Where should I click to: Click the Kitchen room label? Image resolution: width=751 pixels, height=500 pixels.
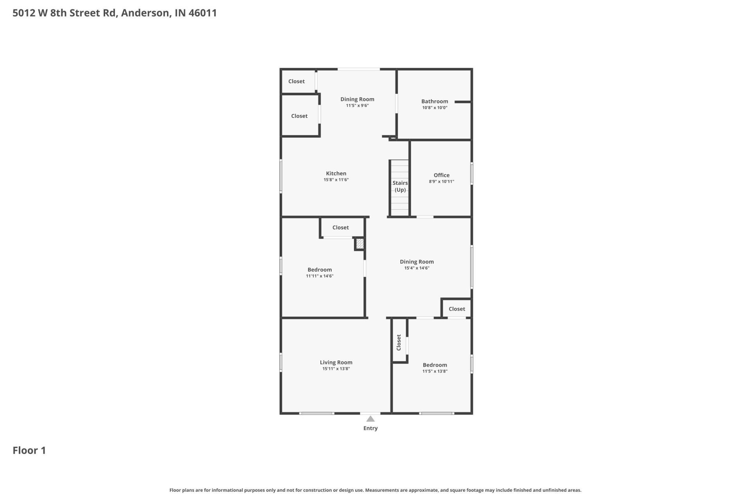pyautogui.click(x=336, y=173)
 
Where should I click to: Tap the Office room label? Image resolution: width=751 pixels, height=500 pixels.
pyautogui.click(x=442, y=175)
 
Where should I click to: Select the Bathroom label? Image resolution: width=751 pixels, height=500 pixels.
pyautogui.click(x=435, y=101)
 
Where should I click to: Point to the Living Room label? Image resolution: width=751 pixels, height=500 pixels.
pyautogui.click(x=336, y=362)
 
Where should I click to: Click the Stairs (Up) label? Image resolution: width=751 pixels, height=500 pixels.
pyautogui.click(x=400, y=186)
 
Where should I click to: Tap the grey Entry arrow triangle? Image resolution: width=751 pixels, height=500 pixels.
pyautogui.click(x=370, y=419)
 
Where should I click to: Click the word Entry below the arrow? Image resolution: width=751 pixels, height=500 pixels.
pyautogui.click(x=370, y=428)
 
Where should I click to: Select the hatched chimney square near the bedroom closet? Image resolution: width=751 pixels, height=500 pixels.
pyautogui.click(x=359, y=244)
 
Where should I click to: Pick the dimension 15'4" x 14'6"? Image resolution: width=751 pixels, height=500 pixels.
pyautogui.click(x=417, y=268)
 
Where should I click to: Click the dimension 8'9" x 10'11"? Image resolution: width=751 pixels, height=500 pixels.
pyautogui.click(x=442, y=181)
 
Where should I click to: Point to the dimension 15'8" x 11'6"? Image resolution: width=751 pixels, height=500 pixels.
pyautogui.click(x=336, y=180)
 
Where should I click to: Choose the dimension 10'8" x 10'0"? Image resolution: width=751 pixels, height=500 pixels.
pyautogui.click(x=435, y=107)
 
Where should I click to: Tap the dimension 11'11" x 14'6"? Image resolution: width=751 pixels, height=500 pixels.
pyautogui.click(x=320, y=276)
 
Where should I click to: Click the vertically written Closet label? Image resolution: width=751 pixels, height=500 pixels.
pyautogui.click(x=399, y=343)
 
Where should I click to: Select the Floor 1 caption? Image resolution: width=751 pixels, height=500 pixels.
pyautogui.click(x=29, y=450)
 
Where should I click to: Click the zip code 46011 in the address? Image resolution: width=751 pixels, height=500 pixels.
pyautogui.click(x=203, y=13)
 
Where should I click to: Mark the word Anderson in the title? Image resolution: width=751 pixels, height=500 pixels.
pyautogui.click(x=146, y=13)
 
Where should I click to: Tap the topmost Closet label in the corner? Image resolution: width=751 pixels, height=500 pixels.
pyautogui.click(x=296, y=81)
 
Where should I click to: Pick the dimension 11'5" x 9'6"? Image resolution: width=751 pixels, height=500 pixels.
pyautogui.click(x=357, y=105)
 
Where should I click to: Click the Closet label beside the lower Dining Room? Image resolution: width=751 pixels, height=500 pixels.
pyautogui.click(x=457, y=309)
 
